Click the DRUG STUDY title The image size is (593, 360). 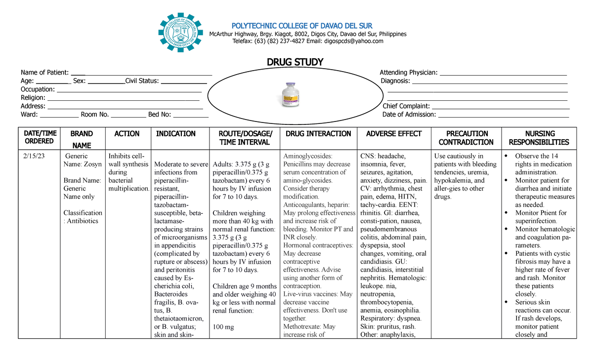pos(295,62)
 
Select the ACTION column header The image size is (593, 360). pos(127,134)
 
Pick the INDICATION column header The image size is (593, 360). pos(176,134)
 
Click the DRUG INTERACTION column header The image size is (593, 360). pos(318,134)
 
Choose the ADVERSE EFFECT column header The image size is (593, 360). pos(394,134)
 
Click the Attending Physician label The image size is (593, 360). pos(409,73)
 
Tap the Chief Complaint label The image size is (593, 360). pos(406,106)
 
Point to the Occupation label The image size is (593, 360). pos(38,89)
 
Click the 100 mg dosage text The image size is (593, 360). pos(223,327)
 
